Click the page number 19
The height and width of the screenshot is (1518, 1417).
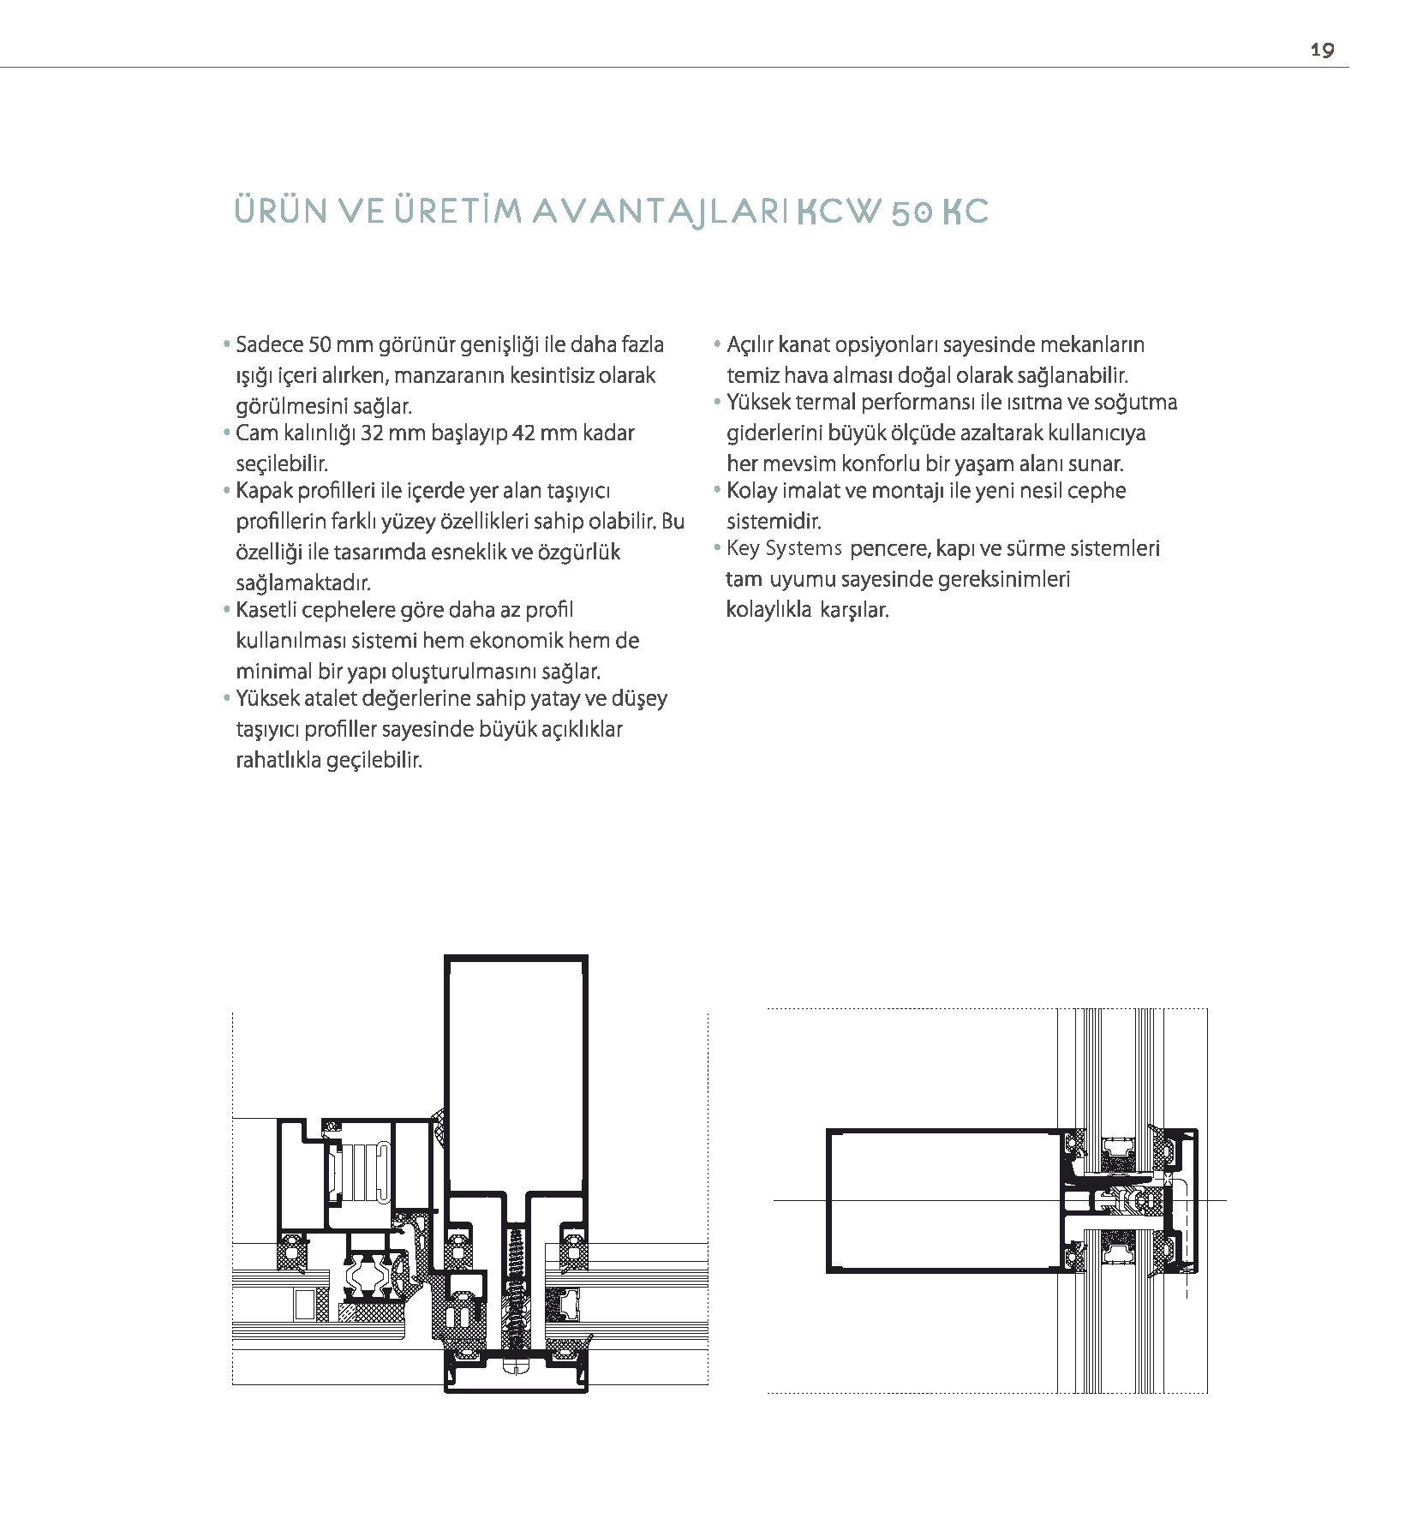[x=1321, y=50]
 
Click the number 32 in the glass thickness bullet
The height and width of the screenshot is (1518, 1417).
[x=372, y=433]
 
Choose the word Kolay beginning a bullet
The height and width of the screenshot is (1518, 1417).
[x=751, y=492]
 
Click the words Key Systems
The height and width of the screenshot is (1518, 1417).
[x=783, y=549]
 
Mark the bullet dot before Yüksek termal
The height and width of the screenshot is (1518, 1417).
[x=718, y=403]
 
